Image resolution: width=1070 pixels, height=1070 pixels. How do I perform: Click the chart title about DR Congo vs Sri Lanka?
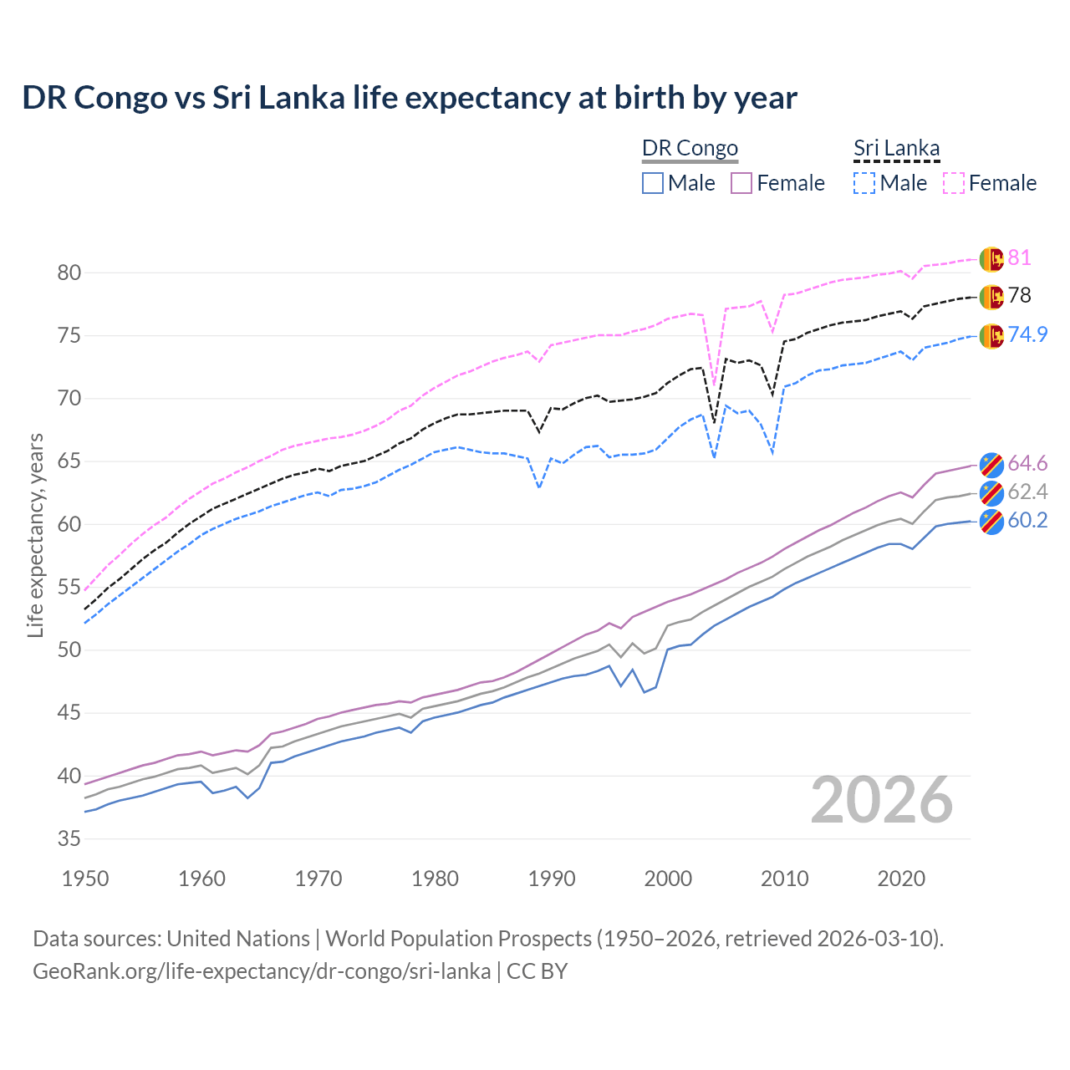coord(410,98)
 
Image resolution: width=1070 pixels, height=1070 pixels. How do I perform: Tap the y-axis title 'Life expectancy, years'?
coord(35,535)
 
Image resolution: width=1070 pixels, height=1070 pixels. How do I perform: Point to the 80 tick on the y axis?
coord(69,273)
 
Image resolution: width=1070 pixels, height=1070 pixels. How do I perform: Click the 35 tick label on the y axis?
coord(69,838)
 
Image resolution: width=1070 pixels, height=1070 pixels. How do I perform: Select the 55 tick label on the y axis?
coord(69,587)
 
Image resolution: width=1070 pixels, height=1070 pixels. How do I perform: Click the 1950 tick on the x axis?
coord(85,879)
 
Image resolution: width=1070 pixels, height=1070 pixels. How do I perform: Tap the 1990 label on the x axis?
coord(552,879)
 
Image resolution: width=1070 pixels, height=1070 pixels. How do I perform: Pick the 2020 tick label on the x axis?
coord(901,879)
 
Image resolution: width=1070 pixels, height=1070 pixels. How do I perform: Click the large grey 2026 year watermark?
coord(882,801)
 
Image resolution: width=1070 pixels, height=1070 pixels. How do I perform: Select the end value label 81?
coord(1019,257)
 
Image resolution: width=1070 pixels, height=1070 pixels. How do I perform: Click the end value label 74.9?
coord(1027,334)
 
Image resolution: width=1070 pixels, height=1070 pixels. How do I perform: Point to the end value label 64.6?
coord(1027,463)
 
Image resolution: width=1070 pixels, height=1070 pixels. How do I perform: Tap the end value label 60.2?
coord(1027,520)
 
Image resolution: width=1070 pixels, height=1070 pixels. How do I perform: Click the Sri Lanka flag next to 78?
coord(991,297)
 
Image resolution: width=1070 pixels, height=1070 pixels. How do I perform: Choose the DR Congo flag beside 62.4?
coord(991,492)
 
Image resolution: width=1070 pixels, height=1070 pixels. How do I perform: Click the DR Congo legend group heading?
coord(690,148)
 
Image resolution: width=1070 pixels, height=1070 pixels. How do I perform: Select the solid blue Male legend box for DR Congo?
coord(653,183)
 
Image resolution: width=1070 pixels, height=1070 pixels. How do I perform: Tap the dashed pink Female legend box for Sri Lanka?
coord(954,183)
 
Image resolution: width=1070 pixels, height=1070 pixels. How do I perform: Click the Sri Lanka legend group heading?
coord(896,148)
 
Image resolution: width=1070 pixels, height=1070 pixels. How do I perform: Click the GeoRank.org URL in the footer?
coord(262,971)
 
